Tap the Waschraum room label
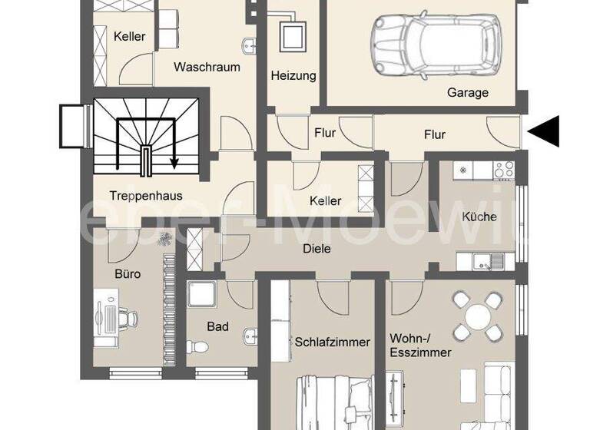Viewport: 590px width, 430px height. pos(207,67)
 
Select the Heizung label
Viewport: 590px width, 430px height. pos(293,76)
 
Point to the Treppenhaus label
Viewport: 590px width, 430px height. pos(145,195)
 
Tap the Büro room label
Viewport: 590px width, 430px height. pos(128,273)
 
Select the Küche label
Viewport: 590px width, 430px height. pos(479,217)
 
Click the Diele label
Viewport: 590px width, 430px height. pos(316,248)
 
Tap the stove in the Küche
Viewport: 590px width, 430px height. pos(504,169)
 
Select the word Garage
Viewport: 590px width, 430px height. pos(468,93)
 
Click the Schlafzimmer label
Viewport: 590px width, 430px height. pos(333,342)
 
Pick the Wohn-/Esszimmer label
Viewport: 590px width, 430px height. pos(420,345)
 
